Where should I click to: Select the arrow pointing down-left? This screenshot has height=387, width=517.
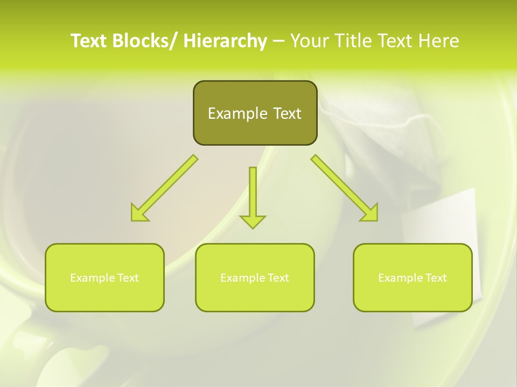[x=164, y=188]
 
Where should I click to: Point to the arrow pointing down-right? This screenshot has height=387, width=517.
[x=345, y=188]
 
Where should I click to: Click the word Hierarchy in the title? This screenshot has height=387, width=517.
[x=225, y=41]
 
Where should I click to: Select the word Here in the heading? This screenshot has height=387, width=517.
[x=438, y=41]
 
